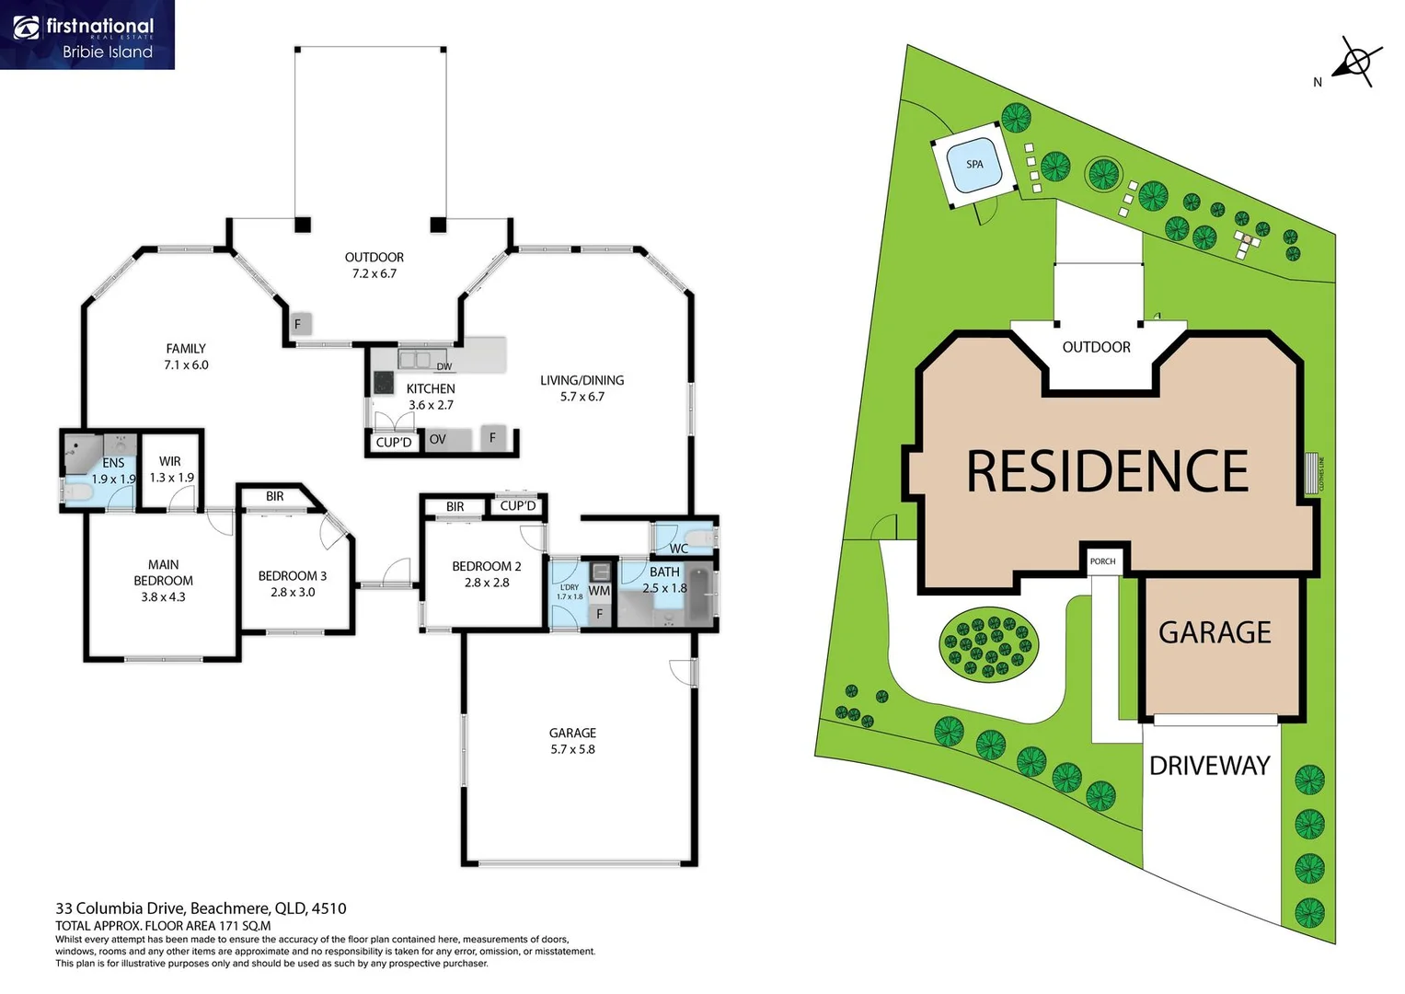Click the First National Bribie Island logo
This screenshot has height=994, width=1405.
click(x=86, y=35)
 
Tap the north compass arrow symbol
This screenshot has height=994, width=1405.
click(x=1356, y=63)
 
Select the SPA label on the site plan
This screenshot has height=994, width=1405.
click(x=974, y=165)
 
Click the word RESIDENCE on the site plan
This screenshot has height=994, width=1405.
click(x=1107, y=471)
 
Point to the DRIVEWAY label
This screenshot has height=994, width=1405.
click(x=1209, y=766)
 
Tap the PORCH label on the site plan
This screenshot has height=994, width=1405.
click(x=1102, y=561)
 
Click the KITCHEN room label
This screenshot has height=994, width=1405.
click(x=431, y=388)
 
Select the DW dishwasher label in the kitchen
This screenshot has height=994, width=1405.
click(x=444, y=366)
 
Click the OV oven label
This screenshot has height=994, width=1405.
click(x=438, y=439)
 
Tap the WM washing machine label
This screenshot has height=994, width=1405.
click(x=599, y=591)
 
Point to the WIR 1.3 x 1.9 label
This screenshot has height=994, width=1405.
click(x=171, y=469)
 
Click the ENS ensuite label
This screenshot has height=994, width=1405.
click(x=113, y=463)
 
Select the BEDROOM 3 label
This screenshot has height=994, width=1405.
click(x=293, y=576)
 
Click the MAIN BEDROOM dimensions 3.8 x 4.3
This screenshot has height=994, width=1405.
click(x=163, y=597)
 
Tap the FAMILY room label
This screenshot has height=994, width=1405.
click(x=186, y=349)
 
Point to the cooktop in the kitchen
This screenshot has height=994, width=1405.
click(x=383, y=382)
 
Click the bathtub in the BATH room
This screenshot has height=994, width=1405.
click(x=699, y=595)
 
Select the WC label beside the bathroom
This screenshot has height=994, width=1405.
click(x=679, y=549)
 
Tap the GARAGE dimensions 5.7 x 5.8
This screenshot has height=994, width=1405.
click(x=572, y=749)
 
